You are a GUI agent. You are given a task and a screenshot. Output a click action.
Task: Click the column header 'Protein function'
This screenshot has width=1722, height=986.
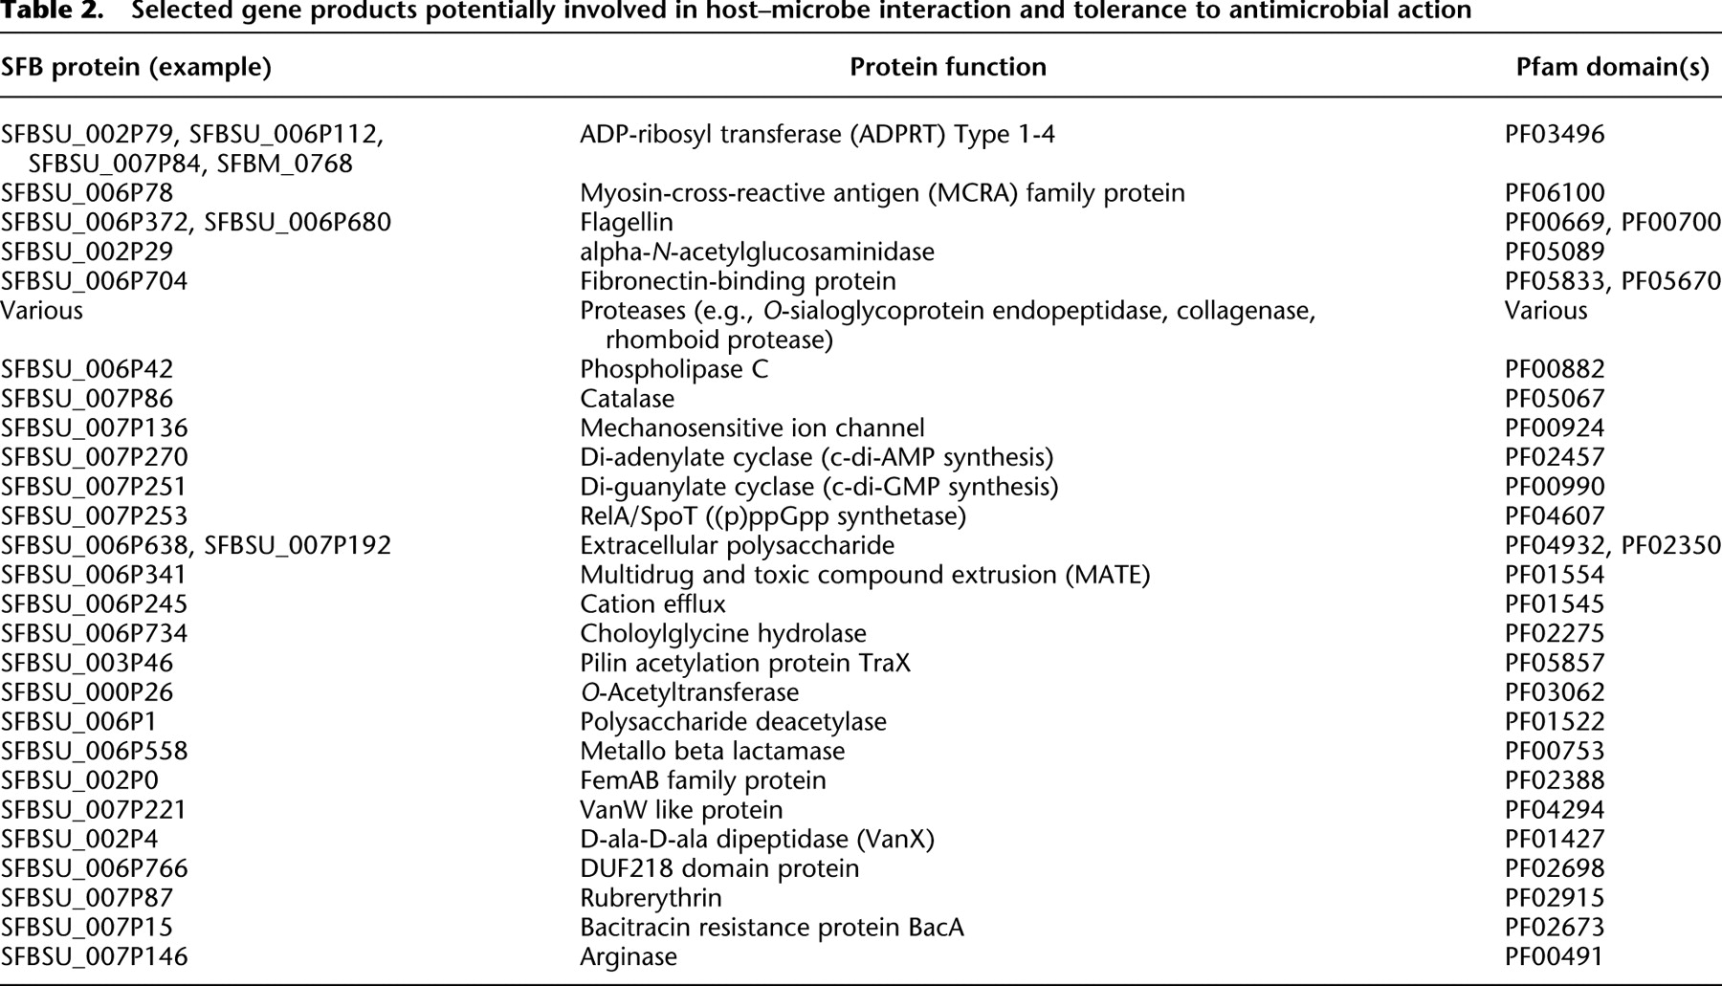click(x=947, y=67)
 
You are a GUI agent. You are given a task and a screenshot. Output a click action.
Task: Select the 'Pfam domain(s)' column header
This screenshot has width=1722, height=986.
click(x=1612, y=67)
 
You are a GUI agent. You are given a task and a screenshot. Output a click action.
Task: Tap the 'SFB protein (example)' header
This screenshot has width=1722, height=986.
click(x=136, y=67)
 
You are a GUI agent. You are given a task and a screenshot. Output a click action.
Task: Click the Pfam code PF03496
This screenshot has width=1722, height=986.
click(x=1555, y=135)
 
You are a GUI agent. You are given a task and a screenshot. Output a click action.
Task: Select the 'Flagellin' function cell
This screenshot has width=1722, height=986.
click(x=627, y=223)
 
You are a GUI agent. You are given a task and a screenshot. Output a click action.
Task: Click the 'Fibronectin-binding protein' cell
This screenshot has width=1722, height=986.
click(x=738, y=281)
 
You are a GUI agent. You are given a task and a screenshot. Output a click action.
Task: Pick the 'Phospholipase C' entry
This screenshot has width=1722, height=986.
click(x=673, y=369)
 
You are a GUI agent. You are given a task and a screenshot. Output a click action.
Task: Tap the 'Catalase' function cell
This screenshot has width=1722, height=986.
click(x=627, y=399)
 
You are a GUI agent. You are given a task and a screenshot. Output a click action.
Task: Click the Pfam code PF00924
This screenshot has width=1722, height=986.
click(x=1555, y=428)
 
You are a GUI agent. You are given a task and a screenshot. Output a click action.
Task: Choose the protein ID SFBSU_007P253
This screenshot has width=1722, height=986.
click(x=94, y=516)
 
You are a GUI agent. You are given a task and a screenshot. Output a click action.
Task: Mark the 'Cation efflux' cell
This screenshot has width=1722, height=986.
click(x=652, y=604)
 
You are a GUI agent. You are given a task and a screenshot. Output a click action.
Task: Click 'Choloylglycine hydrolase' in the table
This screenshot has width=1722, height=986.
click(x=722, y=634)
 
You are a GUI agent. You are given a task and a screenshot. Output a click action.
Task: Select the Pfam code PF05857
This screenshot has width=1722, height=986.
click(x=1555, y=663)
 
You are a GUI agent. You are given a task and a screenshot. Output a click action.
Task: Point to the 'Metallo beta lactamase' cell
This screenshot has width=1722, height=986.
click(x=712, y=751)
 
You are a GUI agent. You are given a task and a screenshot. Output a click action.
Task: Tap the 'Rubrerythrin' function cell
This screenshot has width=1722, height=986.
click(x=651, y=898)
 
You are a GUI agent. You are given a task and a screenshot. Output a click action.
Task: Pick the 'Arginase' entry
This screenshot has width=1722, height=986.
click(x=628, y=956)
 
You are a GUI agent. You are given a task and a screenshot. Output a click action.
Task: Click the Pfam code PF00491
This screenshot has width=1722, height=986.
click(x=1555, y=956)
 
